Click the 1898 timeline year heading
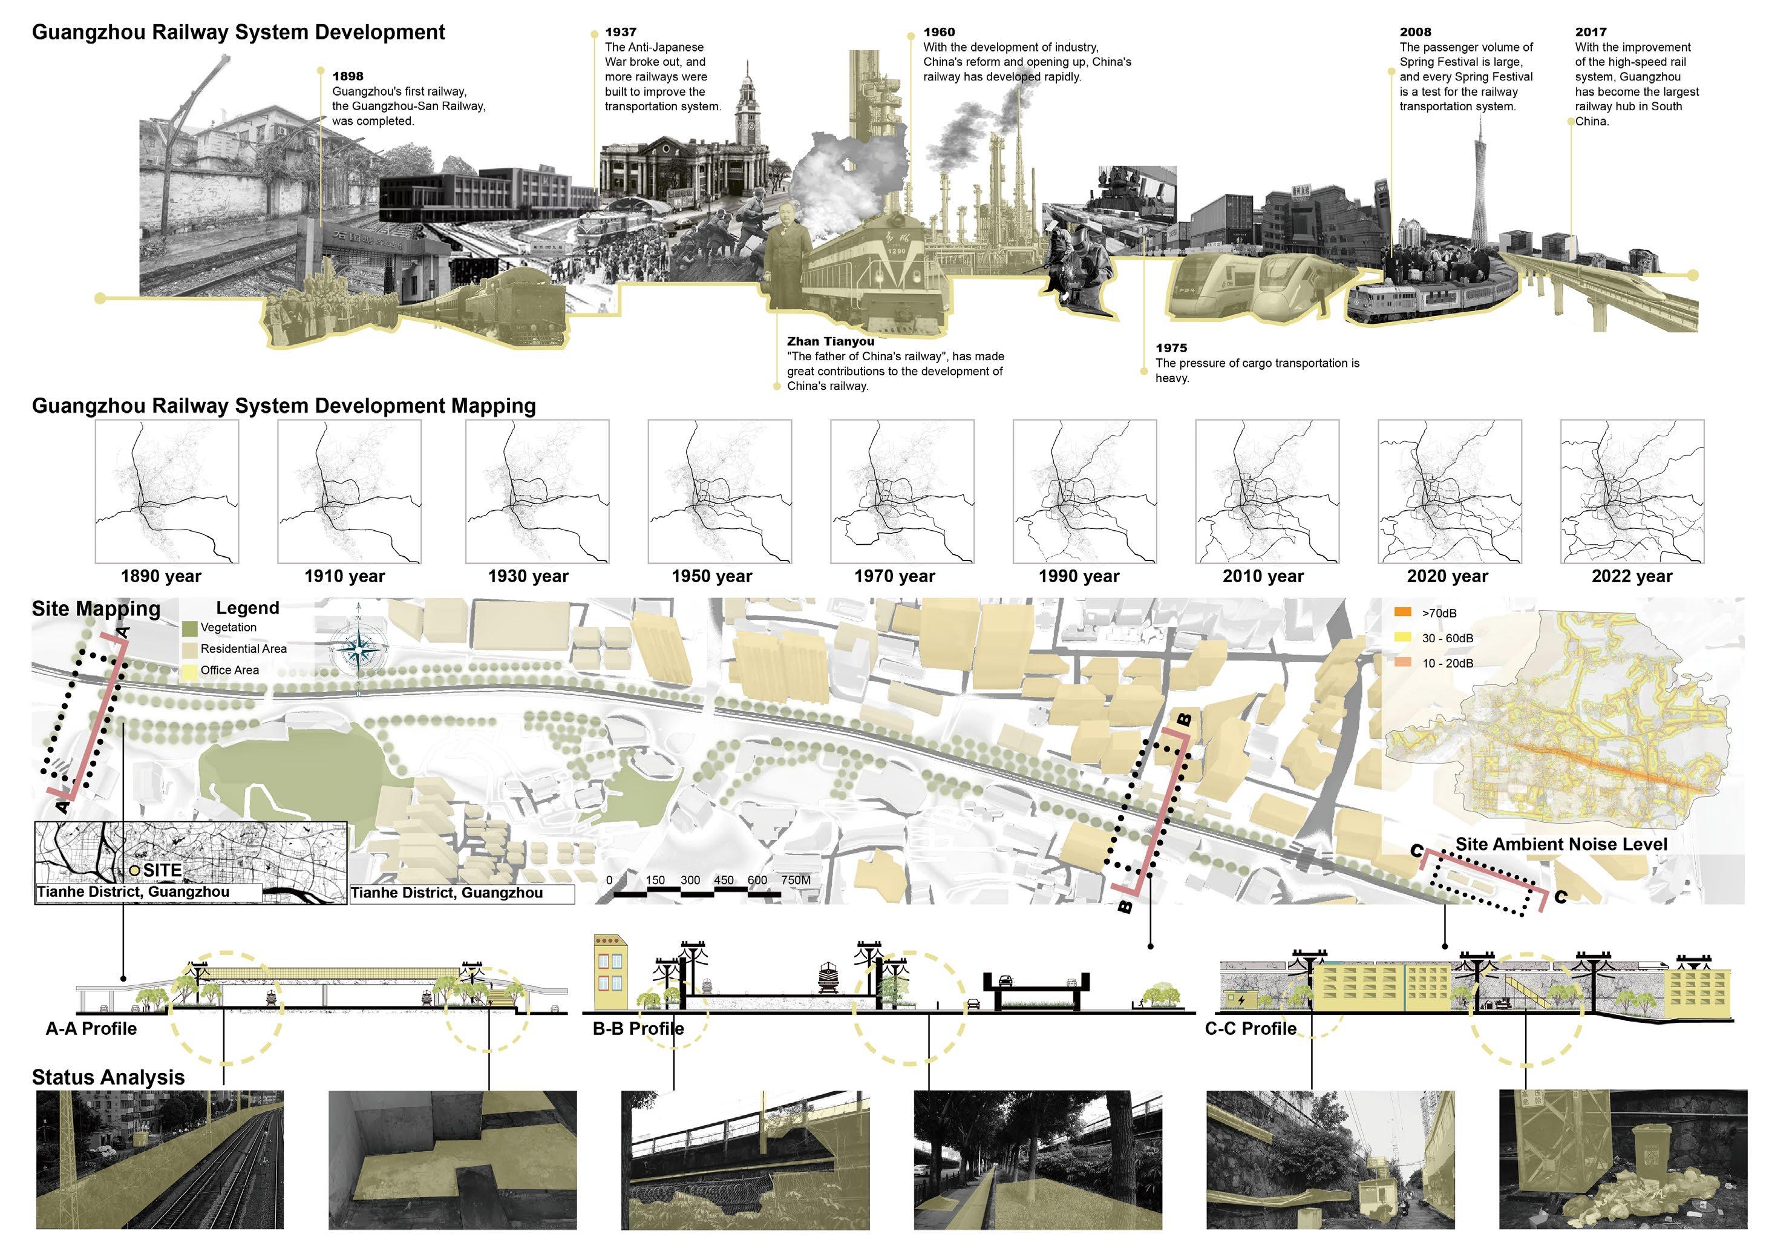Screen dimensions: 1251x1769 (x=347, y=76)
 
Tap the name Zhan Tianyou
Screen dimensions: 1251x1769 (x=830, y=341)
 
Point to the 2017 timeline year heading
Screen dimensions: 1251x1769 (x=1591, y=32)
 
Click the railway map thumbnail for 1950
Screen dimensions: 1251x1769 (x=719, y=491)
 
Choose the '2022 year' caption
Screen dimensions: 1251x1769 (x=1632, y=577)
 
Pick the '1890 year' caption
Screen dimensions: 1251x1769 (x=160, y=577)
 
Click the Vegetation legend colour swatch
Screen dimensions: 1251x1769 (x=189, y=628)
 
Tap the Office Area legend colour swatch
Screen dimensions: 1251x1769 (x=189, y=671)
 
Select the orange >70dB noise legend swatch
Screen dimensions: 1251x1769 (x=1403, y=612)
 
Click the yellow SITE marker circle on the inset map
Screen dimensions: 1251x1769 (x=135, y=870)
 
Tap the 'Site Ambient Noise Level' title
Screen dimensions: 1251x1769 (x=1561, y=845)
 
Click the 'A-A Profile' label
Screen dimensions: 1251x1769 (x=91, y=1029)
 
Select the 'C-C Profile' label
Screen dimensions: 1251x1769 (x=1250, y=1029)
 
